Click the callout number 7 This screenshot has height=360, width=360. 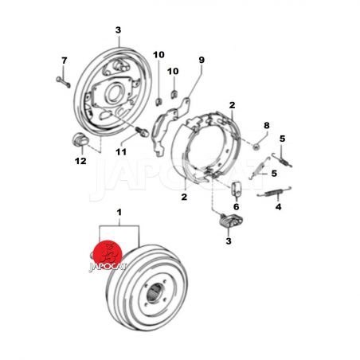pyautogui.click(x=65, y=61)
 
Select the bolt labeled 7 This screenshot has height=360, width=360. pyautogui.click(x=63, y=82)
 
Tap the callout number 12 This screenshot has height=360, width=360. pyautogui.click(x=80, y=161)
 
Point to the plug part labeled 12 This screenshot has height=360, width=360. pyautogui.click(x=80, y=139)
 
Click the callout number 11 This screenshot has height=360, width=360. pyautogui.click(x=121, y=152)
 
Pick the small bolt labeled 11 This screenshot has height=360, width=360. pyautogui.click(x=142, y=131)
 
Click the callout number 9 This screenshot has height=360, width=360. pyautogui.click(x=202, y=60)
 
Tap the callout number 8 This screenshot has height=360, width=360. pyautogui.click(x=266, y=125)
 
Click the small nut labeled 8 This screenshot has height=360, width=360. pyautogui.click(x=256, y=147)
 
